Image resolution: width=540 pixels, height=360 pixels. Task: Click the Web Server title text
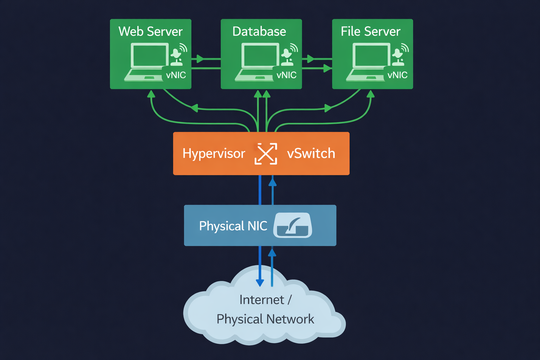pyautogui.click(x=150, y=32)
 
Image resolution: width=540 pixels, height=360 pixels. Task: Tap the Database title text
pyautogui.click(x=259, y=32)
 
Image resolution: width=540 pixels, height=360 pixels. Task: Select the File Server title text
pyautogui.click(x=371, y=32)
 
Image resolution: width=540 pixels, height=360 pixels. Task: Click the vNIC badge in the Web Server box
pyautogui.click(x=176, y=75)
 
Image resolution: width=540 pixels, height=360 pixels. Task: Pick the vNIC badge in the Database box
pyautogui.click(x=287, y=75)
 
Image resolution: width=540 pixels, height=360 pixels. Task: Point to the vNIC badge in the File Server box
pyautogui.click(x=397, y=75)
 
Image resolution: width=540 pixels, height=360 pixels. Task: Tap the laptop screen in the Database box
pyautogui.click(x=260, y=55)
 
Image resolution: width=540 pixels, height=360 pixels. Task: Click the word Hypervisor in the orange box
pyautogui.click(x=214, y=154)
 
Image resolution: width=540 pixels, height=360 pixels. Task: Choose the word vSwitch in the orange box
pyautogui.click(x=311, y=154)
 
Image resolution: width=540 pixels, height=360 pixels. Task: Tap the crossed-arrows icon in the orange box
pyautogui.click(x=266, y=154)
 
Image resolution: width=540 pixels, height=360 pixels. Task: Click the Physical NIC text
pyautogui.click(x=233, y=226)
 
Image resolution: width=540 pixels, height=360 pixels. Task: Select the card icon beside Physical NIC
pyautogui.click(x=292, y=225)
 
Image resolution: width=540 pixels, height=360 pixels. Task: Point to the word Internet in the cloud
pyautogui.click(x=262, y=300)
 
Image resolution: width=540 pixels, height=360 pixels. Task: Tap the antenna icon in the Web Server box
pyautogui.click(x=178, y=56)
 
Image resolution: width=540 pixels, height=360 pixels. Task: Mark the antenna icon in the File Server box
pyautogui.click(x=400, y=56)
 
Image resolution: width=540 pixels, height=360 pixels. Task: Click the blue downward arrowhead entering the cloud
pyautogui.click(x=260, y=283)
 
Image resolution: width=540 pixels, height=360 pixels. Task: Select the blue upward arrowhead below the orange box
pyautogui.click(x=272, y=182)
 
